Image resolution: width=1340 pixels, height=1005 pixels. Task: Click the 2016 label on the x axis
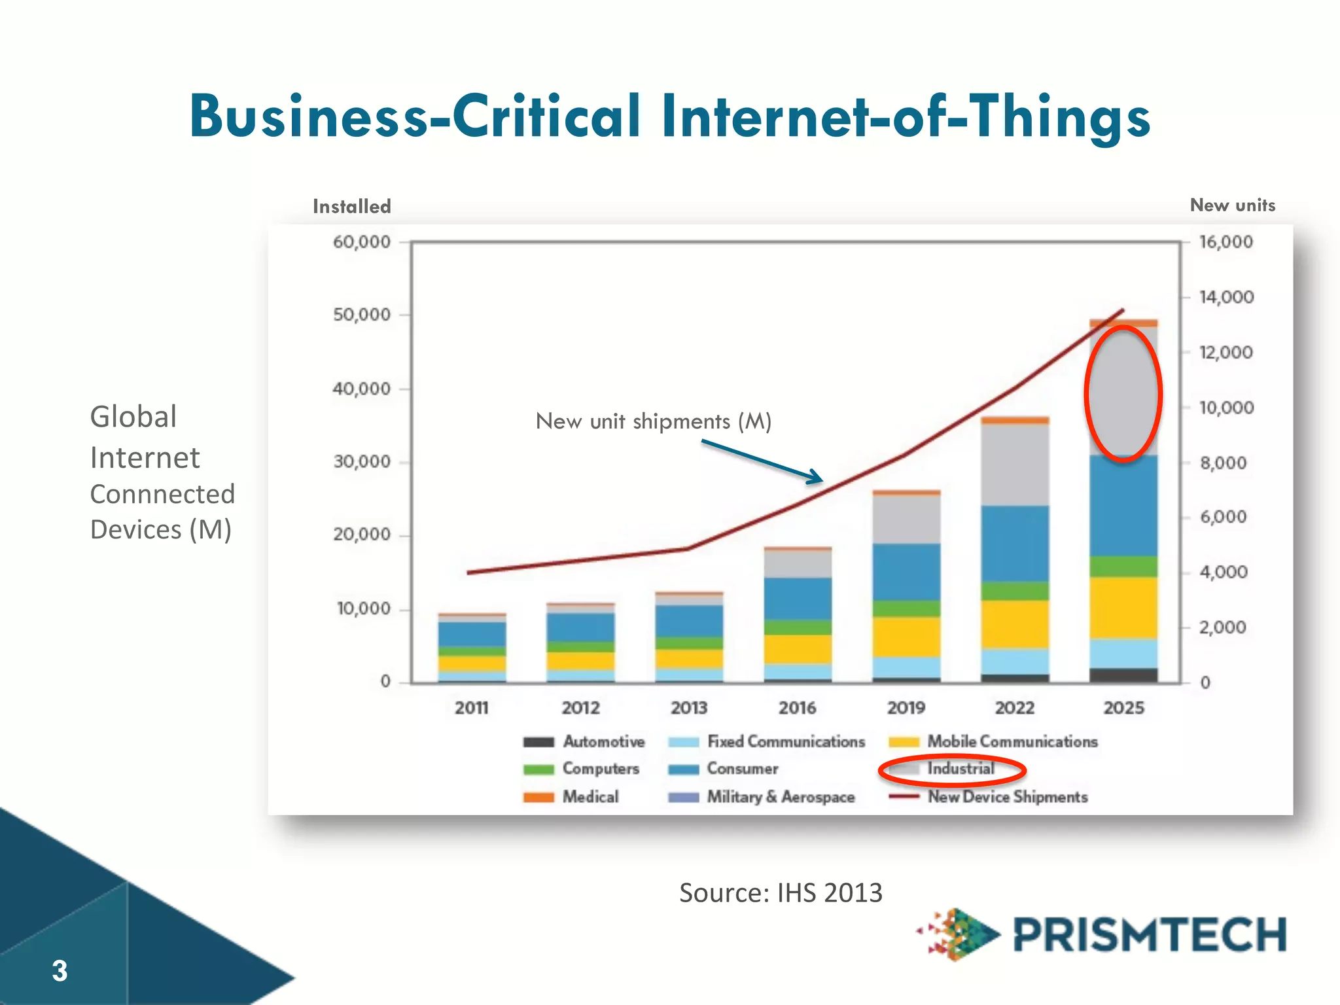[x=797, y=708]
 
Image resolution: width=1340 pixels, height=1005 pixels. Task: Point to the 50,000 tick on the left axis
[x=361, y=315]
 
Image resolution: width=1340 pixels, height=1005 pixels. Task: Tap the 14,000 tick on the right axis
[x=1226, y=297]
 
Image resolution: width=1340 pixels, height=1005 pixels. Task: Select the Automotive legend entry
[x=584, y=742]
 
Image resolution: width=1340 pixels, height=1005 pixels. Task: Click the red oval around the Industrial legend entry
[x=952, y=770]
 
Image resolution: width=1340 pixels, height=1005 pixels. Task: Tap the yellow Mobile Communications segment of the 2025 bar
[x=1123, y=608]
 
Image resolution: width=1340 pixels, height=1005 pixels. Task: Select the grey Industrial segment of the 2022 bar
[x=1015, y=465]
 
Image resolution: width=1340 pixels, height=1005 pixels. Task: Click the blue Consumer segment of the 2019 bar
[x=906, y=571]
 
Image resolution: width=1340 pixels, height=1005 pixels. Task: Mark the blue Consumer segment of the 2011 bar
[x=472, y=633]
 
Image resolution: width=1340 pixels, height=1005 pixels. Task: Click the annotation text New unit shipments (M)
[x=653, y=421]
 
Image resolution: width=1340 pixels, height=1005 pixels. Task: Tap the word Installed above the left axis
[x=351, y=207]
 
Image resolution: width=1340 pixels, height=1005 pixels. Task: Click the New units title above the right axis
[x=1232, y=205]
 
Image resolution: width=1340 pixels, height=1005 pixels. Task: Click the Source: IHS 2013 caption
[x=781, y=893]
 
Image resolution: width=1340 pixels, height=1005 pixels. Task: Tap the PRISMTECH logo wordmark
[x=1149, y=934]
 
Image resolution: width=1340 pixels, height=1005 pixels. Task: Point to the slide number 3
[x=60, y=971]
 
